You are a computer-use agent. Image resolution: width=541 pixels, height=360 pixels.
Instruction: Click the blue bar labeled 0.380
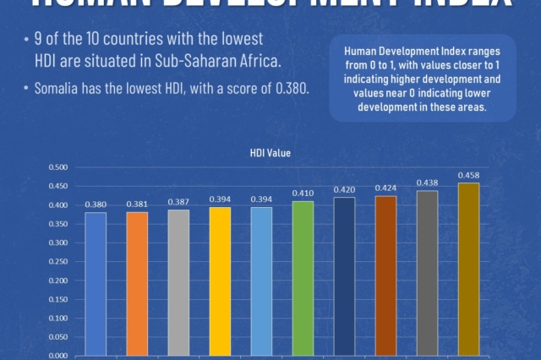tap(96, 283)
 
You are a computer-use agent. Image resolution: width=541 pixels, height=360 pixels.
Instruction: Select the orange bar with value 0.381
tap(137, 283)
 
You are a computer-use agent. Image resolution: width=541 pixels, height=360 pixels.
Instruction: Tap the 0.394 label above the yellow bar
tap(220, 199)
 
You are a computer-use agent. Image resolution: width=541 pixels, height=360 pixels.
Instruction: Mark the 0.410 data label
tap(303, 193)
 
